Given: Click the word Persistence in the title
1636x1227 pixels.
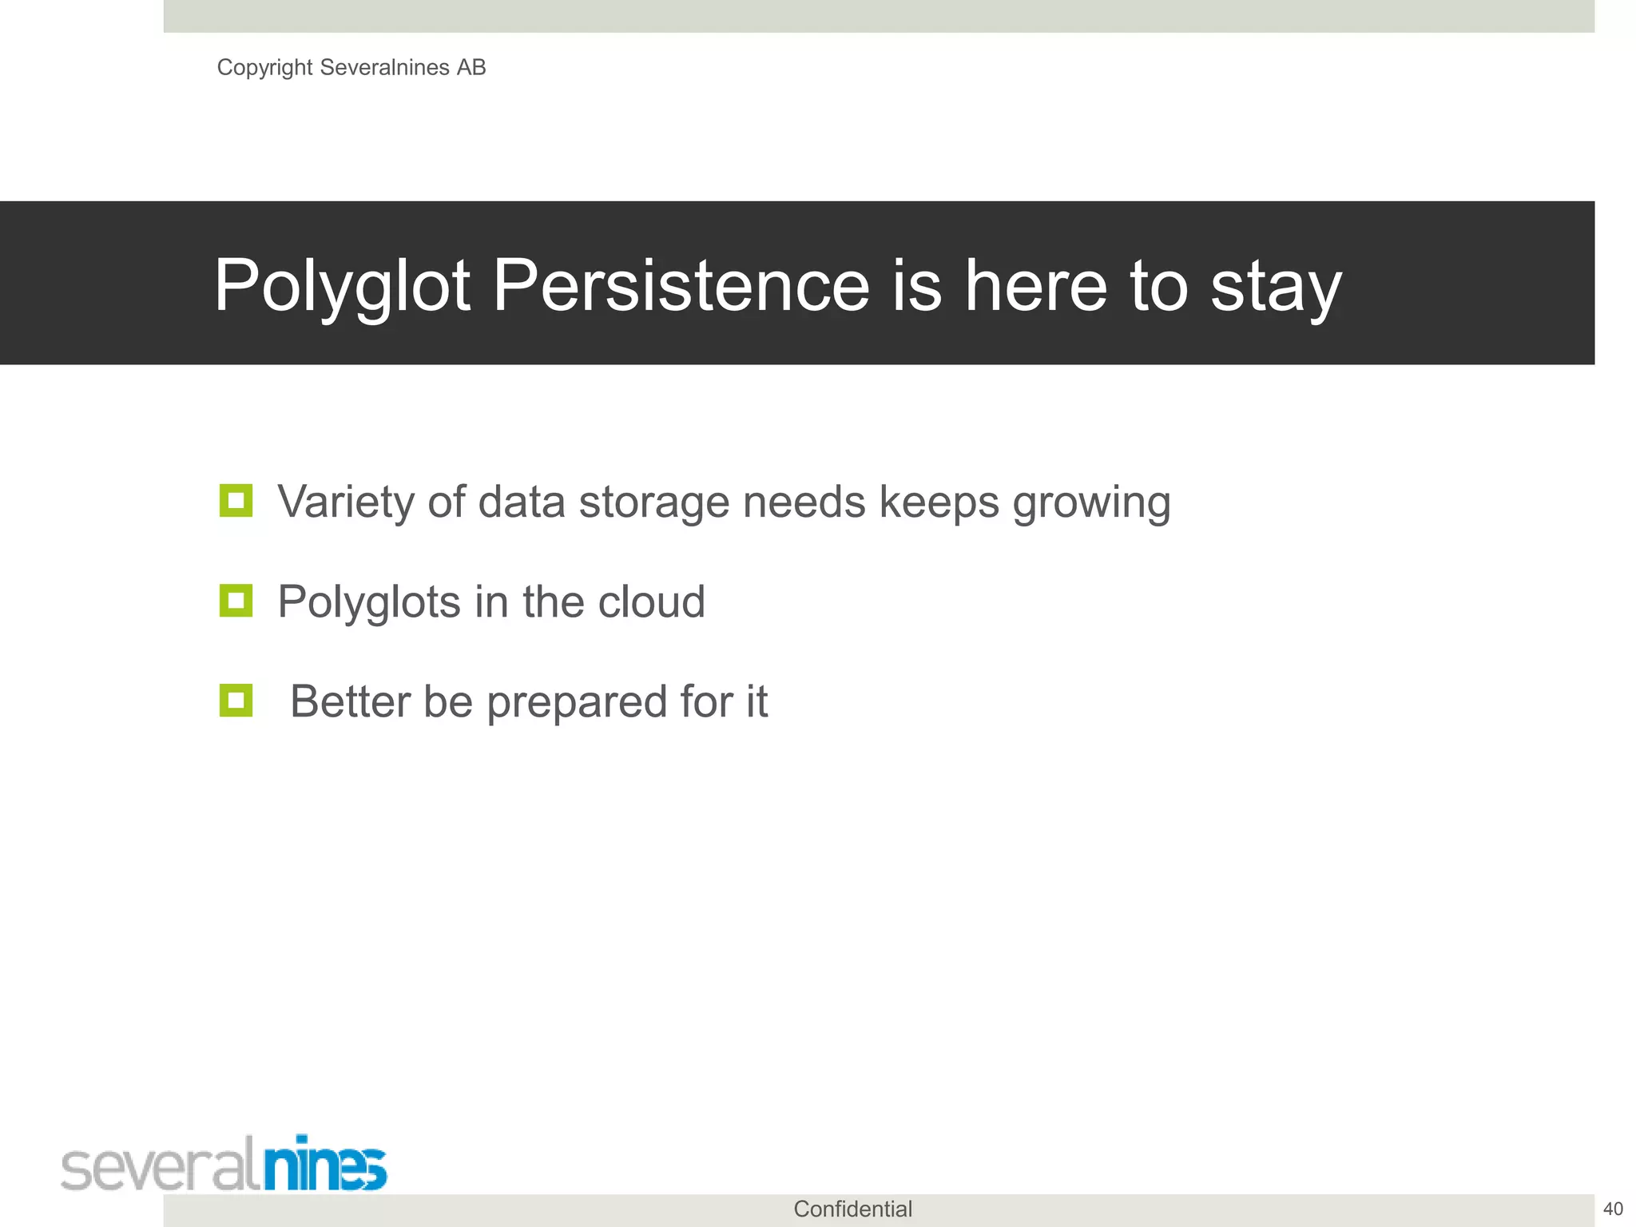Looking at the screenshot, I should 681,285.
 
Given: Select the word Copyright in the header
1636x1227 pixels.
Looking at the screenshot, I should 264,68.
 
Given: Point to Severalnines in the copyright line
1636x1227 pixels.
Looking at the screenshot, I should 384,68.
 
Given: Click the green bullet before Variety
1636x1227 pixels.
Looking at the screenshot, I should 236,501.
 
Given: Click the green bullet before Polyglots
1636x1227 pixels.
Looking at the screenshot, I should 236,601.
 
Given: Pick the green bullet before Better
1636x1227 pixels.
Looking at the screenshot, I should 236,701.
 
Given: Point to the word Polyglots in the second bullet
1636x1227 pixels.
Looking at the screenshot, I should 369,603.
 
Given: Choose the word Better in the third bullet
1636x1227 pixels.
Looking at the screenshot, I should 349,701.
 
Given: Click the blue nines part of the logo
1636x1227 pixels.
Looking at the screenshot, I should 325,1165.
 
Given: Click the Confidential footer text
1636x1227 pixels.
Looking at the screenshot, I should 852,1209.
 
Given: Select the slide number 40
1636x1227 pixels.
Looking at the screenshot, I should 1613,1209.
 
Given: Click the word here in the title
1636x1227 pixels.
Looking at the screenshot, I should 1036,285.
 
